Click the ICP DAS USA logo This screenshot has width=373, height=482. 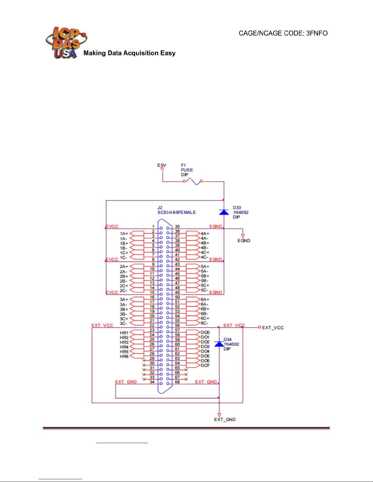tap(66, 43)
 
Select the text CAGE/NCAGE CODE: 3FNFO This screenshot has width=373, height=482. tap(283, 33)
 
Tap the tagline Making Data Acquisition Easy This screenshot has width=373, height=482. tap(129, 53)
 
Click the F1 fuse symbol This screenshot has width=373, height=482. tap(193, 182)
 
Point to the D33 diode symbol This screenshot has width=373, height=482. tap(224, 212)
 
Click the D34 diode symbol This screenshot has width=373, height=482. tap(219, 344)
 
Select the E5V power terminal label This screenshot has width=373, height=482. tap(162, 165)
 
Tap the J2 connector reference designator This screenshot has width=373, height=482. tap(160, 208)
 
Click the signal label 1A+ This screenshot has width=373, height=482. tap(124, 234)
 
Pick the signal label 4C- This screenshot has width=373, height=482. tap(205, 257)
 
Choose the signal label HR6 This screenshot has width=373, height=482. tap(124, 356)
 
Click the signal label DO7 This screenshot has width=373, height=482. tap(205, 365)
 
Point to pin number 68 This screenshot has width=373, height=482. tap(177, 382)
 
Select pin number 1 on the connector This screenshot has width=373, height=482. tap(153, 227)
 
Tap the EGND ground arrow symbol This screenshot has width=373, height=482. tap(243, 236)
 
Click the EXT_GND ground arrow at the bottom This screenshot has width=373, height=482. tap(219, 415)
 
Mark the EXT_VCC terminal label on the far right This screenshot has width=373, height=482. tap(273, 328)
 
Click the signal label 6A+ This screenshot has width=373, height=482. tap(205, 300)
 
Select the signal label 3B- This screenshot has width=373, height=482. tap(123, 314)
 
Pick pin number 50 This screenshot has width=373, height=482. tap(177, 297)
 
